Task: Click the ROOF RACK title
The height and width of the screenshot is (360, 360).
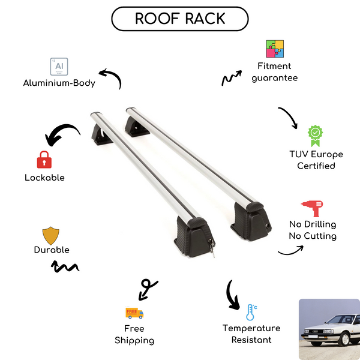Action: click(x=179, y=19)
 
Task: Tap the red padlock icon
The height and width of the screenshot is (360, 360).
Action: click(x=44, y=160)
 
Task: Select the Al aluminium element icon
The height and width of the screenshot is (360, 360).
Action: click(x=58, y=66)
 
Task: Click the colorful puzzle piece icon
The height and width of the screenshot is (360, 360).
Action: click(x=275, y=49)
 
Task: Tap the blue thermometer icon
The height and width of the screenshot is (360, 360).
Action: click(x=251, y=312)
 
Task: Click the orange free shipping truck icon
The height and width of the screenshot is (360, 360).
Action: click(x=134, y=313)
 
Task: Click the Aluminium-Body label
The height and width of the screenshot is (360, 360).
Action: click(x=59, y=83)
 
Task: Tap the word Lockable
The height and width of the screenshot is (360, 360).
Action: click(x=44, y=178)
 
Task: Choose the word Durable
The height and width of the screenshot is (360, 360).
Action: click(x=52, y=250)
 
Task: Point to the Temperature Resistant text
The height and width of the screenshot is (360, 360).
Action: click(x=251, y=334)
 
